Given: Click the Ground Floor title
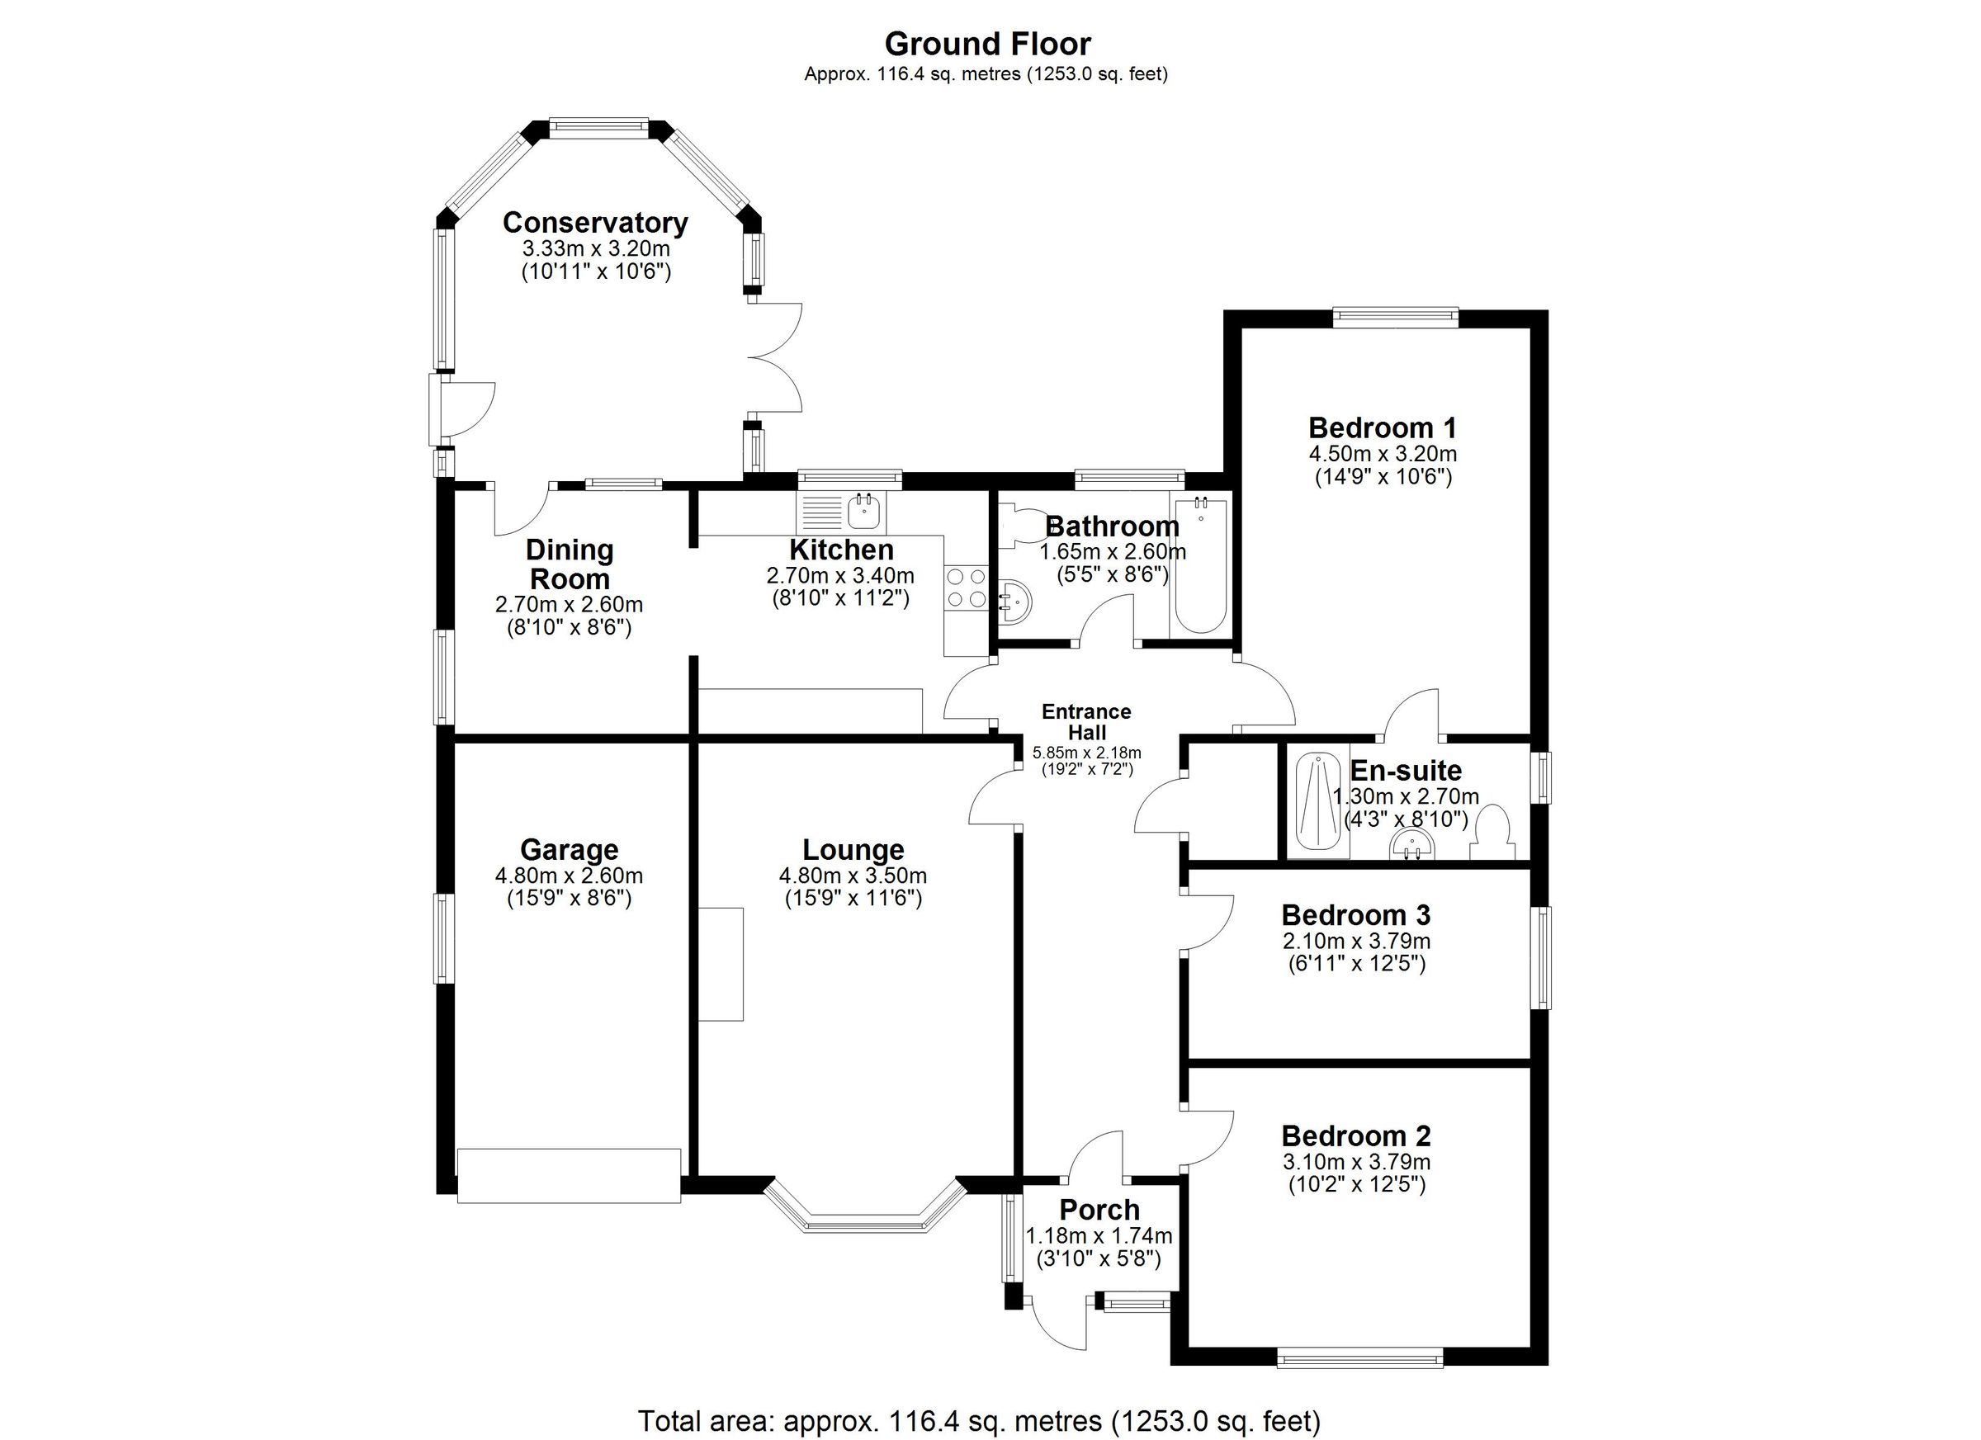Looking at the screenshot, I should [x=987, y=44].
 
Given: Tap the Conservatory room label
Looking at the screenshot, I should [x=595, y=223].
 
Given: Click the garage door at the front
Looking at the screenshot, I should [x=569, y=1176].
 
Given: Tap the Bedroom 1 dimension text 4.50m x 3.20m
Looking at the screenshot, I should [x=1382, y=454].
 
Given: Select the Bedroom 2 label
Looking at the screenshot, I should [x=1355, y=1136].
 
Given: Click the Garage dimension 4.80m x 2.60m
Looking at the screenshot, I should [x=569, y=875].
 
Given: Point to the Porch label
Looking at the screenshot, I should [x=1099, y=1210].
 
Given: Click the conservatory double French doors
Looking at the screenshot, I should [x=776, y=358].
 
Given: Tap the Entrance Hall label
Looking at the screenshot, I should [x=1085, y=722].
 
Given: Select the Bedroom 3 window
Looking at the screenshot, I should [x=1544, y=958].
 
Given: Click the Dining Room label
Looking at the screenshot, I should [x=570, y=564].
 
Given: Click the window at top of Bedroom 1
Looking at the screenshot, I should [x=1395, y=318].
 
